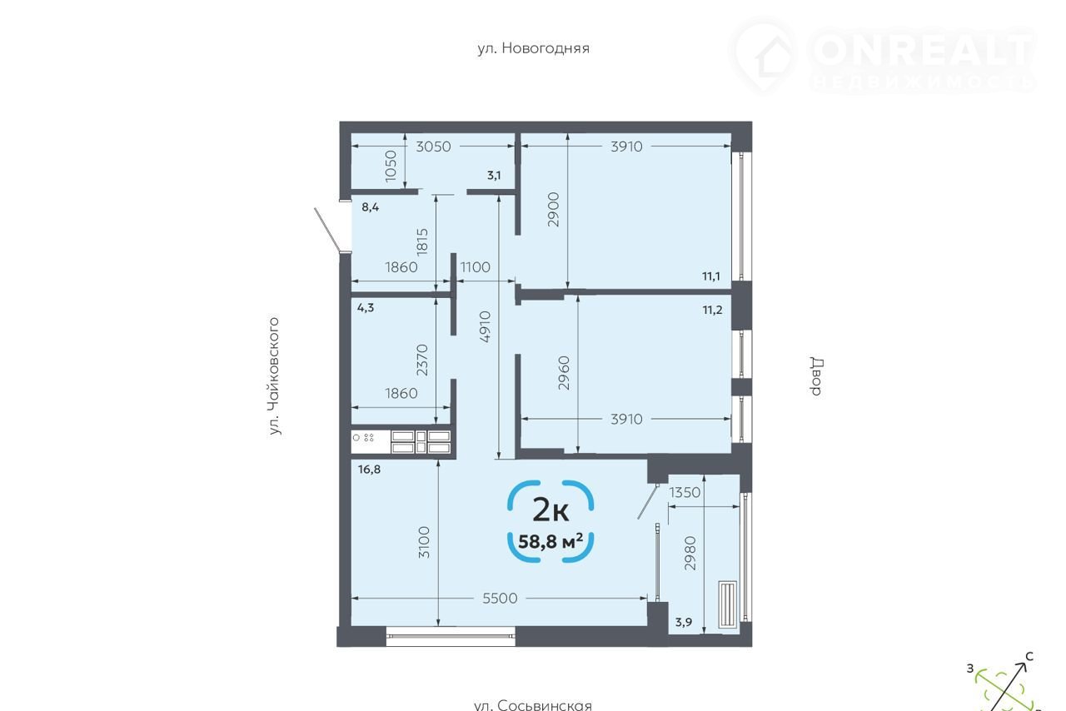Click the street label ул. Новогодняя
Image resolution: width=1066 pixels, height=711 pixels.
tap(534, 48)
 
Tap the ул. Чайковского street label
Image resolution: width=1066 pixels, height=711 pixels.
tap(274, 376)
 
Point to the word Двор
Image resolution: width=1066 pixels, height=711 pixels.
tap(817, 376)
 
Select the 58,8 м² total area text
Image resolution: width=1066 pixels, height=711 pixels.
tap(550, 541)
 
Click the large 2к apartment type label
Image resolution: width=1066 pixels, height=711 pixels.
tap(550, 510)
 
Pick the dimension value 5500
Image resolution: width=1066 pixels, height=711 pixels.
tap(500, 599)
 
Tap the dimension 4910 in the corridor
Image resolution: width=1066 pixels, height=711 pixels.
tap(485, 326)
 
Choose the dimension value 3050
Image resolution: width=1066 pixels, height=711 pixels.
tap(433, 147)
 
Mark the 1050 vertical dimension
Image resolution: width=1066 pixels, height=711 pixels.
tap(391, 166)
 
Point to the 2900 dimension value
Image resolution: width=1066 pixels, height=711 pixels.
tap(553, 210)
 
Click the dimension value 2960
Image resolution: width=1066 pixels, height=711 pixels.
tap(564, 373)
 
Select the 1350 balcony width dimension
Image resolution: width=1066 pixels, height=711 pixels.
tap(685, 492)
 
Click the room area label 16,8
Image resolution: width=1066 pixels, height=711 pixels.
tap(369, 470)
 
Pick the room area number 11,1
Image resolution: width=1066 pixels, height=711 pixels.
tap(711, 276)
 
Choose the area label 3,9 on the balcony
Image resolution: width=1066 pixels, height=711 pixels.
tap(684, 622)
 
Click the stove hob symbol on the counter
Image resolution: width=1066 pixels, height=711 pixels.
tap(363, 437)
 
